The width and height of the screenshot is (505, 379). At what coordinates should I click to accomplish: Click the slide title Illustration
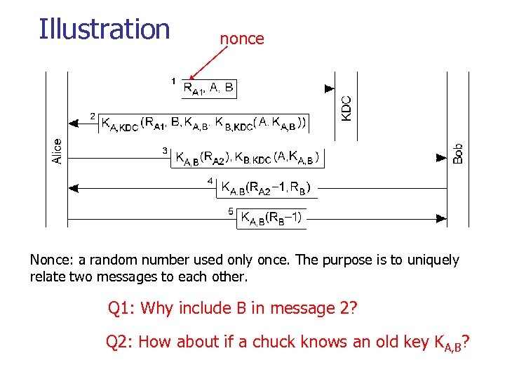click(x=105, y=29)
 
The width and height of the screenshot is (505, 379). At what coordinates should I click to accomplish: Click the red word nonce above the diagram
click(x=242, y=39)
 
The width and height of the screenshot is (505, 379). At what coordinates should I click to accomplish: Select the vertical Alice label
click(x=58, y=151)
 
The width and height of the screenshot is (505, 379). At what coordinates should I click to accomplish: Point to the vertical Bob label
click(x=457, y=154)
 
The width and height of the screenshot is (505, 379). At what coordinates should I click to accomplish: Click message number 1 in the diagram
click(x=173, y=81)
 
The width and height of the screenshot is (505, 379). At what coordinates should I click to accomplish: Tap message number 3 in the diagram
click(x=165, y=150)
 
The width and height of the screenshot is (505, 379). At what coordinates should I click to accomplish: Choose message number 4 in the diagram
click(x=210, y=180)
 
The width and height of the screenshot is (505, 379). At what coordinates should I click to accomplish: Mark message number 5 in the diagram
click(x=231, y=211)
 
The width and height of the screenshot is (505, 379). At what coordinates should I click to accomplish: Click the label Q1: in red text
click(x=123, y=308)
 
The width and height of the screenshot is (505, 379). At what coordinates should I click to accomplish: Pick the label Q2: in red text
click(x=120, y=342)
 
